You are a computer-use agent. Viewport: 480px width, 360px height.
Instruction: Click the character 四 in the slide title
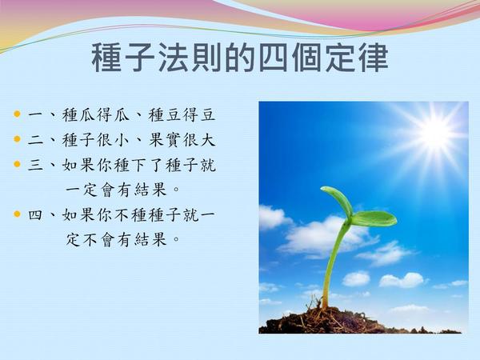(x=274, y=58)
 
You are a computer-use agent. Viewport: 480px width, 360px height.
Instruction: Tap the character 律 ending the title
(x=374, y=58)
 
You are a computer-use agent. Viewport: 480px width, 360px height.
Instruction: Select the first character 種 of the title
(x=106, y=58)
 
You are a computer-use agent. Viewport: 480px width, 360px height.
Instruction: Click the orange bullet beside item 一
(x=17, y=114)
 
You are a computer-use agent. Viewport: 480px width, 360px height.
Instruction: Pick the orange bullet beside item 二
(x=17, y=139)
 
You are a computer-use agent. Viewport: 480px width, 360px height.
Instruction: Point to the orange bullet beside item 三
(x=17, y=164)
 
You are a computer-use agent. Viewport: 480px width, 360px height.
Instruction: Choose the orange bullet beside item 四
(x=17, y=214)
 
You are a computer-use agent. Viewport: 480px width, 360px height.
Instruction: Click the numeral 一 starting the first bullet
(x=35, y=115)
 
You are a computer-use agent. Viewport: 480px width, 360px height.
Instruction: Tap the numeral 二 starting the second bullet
(x=35, y=140)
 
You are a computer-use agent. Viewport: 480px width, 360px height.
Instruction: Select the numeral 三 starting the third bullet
(x=35, y=166)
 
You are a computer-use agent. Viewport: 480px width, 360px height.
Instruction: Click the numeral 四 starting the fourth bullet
(x=35, y=215)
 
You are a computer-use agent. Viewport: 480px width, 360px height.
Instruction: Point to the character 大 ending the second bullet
(x=208, y=140)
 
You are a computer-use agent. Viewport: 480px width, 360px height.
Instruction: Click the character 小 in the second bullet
(x=122, y=140)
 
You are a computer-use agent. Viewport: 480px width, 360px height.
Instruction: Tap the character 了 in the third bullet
(x=157, y=165)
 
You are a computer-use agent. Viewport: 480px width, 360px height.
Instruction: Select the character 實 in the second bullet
(x=174, y=140)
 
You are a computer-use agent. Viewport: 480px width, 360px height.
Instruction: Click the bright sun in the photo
(x=434, y=134)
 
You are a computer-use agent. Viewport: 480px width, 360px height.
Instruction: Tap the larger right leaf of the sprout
(x=374, y=218)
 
